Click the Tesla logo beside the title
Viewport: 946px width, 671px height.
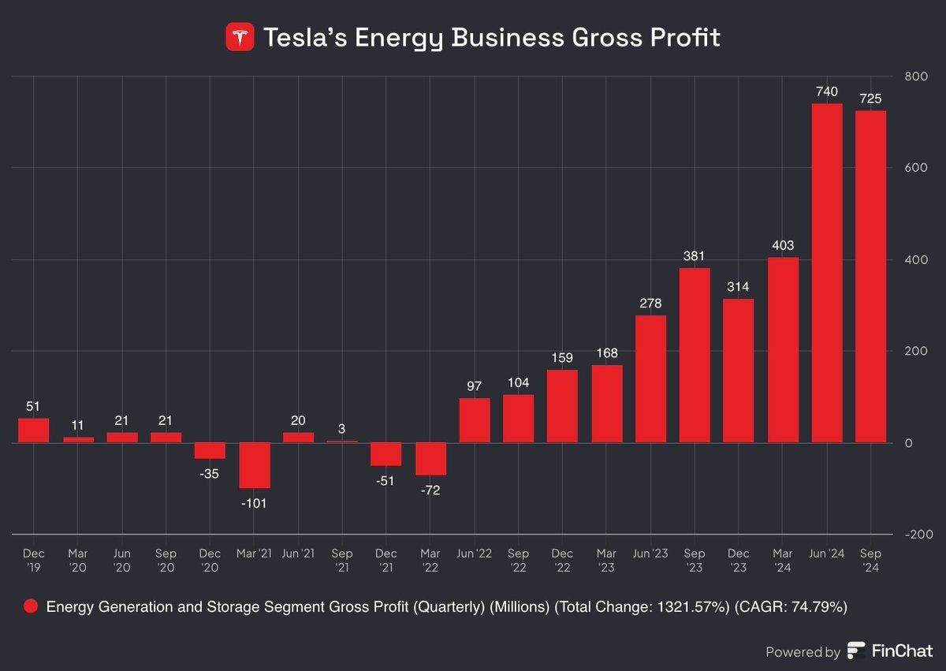click(240, 37)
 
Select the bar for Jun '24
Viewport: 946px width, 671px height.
click(827, 273)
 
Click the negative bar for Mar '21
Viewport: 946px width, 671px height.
click(254, 465)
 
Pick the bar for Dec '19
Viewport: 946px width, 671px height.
click(34, 431)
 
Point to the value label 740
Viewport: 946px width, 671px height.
click(827, 91)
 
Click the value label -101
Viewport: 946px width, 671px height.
click(254, 502)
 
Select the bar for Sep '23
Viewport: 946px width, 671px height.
click(695, 355)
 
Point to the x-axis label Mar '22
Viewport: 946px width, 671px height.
click(430, 560)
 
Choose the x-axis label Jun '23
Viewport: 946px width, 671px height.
click(650, 554)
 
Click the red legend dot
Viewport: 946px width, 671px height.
click(31, 606)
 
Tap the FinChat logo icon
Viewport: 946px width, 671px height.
click(856, 651)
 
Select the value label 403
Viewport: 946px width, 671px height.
click(783, 245)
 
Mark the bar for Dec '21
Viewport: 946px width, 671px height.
click(386, 454)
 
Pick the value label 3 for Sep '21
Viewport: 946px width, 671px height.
click(342, 429)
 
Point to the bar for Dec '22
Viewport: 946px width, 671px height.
click(562, 406)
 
